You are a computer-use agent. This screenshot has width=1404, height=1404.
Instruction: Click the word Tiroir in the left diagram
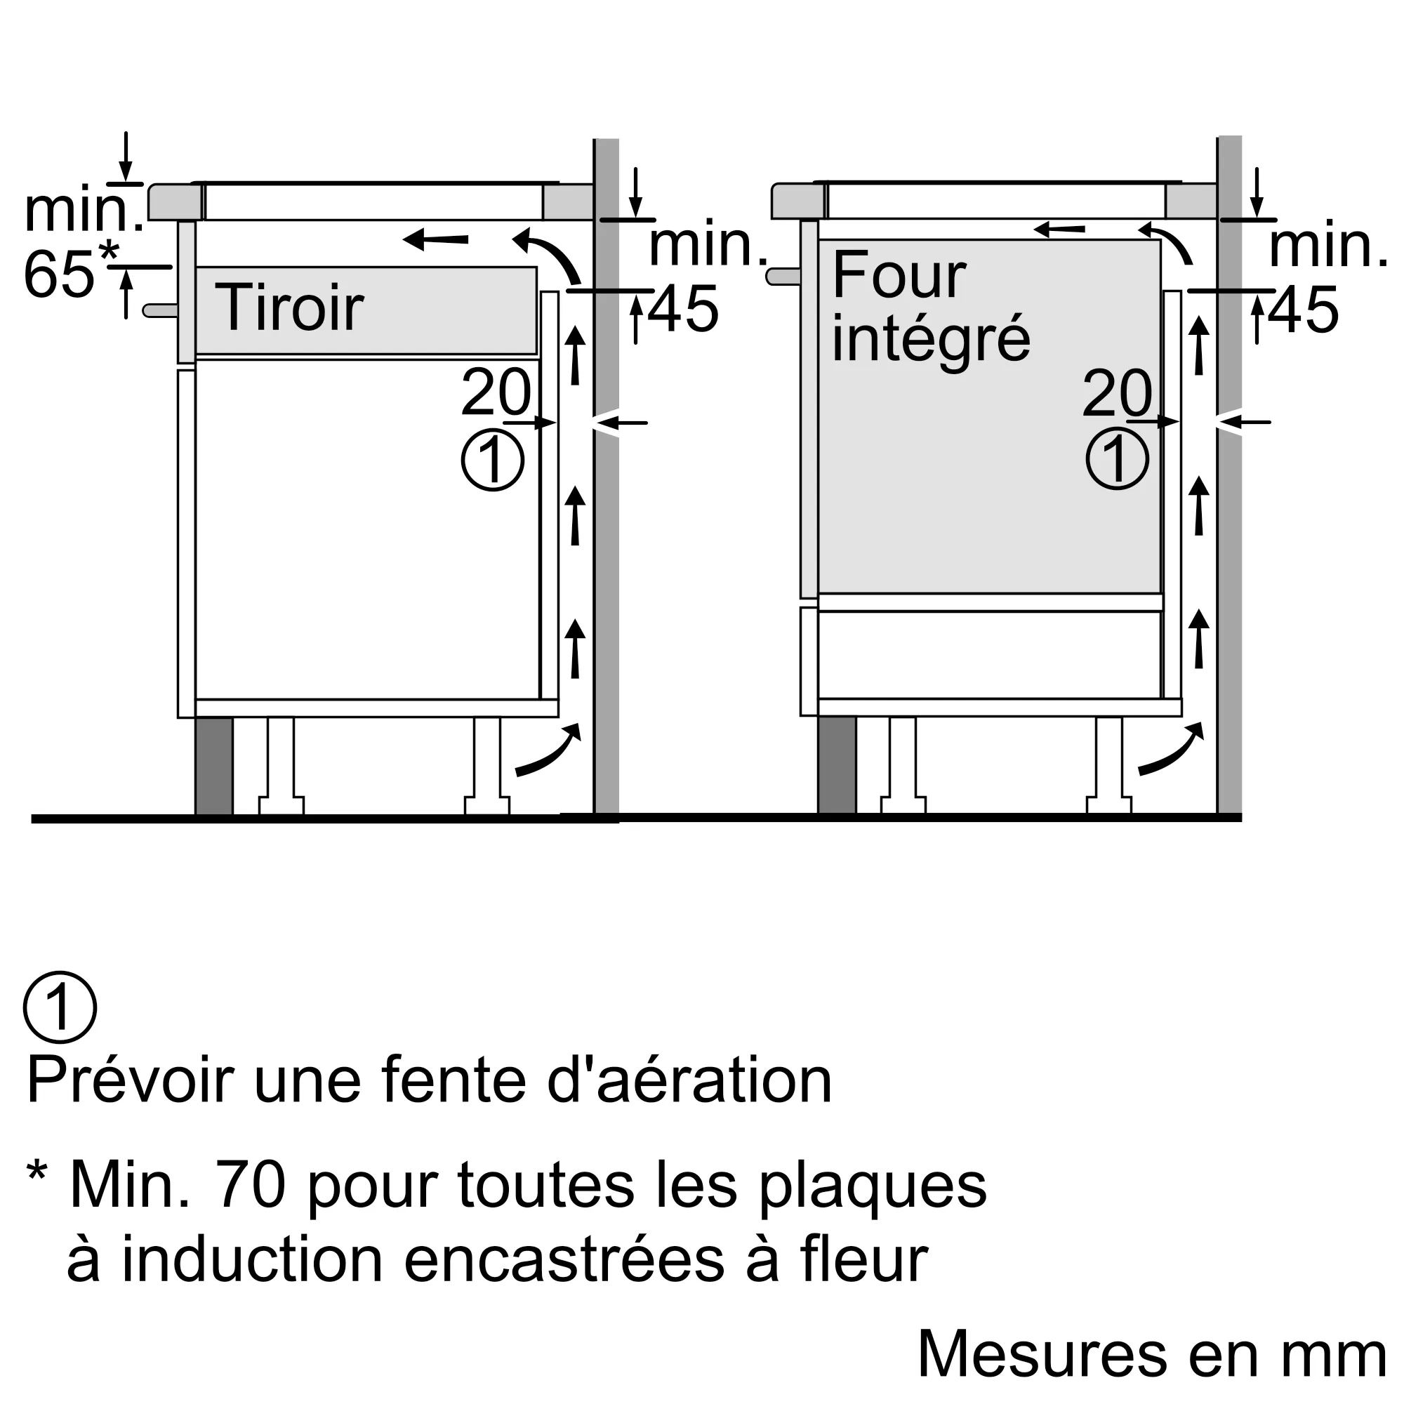pyautogui.click(x=289, y=308)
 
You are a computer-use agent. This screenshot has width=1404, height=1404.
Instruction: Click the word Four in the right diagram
pyautogui.click(x=899, y=276)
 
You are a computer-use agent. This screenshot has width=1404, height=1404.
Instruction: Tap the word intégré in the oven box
pyautogui.click(x=931, y=338)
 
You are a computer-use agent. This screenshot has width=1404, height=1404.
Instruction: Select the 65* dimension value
pyautogui.click(x=69, y=274)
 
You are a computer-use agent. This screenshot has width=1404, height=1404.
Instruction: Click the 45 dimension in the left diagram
pyautogui.click(x=683, y=310)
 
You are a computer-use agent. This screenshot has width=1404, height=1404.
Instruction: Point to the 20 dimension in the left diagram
pyautogui.click(x=496, y=393)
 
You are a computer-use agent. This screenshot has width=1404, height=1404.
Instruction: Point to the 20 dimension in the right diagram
pyautogui.click(x=1117, y=393)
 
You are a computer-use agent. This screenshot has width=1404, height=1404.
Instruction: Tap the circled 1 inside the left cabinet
pyautogui.click(x=493, y=460)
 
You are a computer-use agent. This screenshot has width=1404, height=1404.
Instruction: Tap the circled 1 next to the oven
pyautogui.click(x=1117, y=459)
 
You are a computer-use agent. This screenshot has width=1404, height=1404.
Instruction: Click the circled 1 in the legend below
pyautogui.click(x=60, y=1007)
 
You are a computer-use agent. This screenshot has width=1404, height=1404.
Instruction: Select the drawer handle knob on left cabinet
pyautogui.click(x=160, y=310)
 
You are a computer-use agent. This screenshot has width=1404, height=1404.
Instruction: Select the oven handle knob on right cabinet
pyautogui.click(x=783, y=276)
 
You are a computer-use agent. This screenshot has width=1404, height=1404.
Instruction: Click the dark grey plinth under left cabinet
pyautogui.click(x=213, y=766)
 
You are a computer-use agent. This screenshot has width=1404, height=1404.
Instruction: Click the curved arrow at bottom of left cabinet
pyautogui.click(x=550, y=751)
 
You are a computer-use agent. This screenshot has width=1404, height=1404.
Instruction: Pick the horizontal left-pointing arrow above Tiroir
pyautogui.click(x=436, y=239)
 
